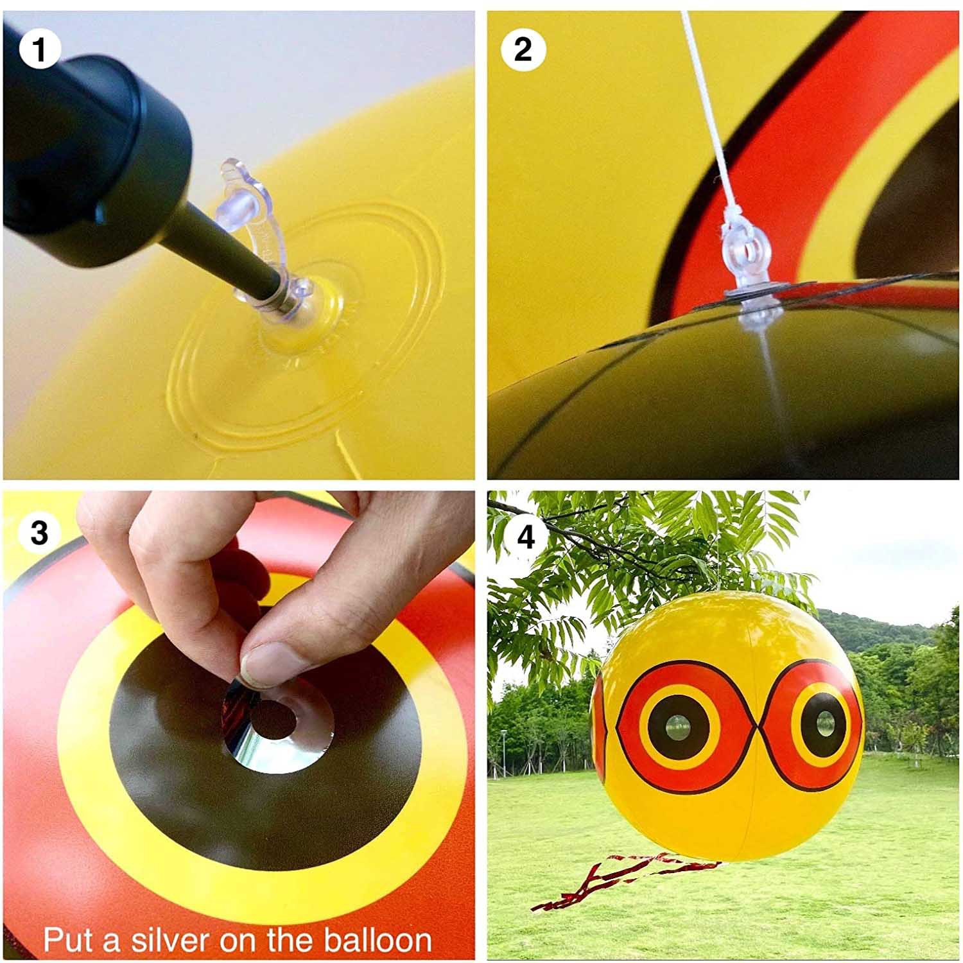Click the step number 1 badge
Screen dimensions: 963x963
40,50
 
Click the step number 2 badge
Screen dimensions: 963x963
523,50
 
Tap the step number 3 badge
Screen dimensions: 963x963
40,532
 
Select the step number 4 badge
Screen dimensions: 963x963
526,535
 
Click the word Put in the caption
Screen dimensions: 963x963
63,941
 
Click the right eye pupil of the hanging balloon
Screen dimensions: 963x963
824,724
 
